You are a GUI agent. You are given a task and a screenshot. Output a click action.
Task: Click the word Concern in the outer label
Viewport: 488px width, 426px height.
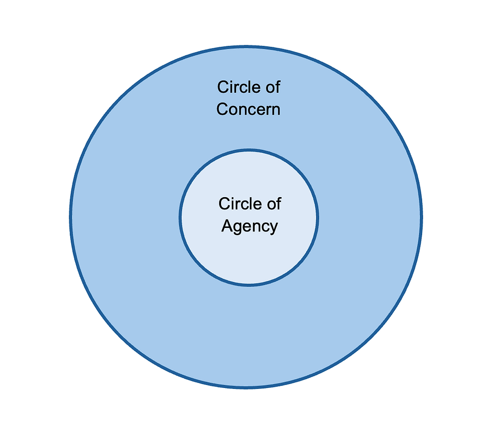click(x=248, y=109)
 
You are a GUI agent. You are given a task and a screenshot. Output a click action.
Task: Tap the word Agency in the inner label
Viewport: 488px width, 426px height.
click(x=249, y=226)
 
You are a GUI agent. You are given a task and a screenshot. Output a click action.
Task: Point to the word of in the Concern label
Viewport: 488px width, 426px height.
click(x=273, y=87)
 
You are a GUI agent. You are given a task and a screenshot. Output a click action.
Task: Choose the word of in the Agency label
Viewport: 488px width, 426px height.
click(x=274, y=203)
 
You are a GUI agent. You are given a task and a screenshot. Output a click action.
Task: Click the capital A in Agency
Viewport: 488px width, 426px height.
click(x=226, y=225)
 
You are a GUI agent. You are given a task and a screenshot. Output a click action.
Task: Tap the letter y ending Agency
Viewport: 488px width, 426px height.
click(x=273, y=228)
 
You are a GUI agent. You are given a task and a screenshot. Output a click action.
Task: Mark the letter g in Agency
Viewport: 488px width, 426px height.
click(x=237, y=228)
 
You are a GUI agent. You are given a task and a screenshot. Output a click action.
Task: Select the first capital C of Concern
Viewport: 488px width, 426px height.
click(x=222, y=109)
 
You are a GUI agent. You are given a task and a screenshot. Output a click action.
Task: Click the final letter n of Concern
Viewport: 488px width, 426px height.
click(x=276, y=110)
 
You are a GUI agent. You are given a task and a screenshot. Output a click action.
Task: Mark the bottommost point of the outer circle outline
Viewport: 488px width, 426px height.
click(x=246, y=387)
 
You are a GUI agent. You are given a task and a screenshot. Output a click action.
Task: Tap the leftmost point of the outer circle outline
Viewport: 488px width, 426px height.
click(x=71, y=217)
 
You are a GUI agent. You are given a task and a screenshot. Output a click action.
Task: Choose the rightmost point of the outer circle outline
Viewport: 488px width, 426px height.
click(x=421, y=217)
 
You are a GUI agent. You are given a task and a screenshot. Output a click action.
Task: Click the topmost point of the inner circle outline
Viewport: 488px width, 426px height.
click(x=249, y=150)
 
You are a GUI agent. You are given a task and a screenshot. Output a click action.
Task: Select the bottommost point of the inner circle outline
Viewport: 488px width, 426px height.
click(x=249, y=284)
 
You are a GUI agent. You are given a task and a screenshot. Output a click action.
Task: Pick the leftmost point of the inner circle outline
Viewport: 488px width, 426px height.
click(x=180, y=217)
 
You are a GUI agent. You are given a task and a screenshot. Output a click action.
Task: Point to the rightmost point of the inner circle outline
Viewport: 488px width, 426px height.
click(x=318, y=217)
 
